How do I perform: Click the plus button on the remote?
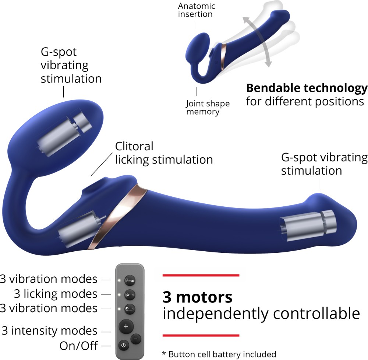coord(126,326)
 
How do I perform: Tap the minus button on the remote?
coord(136,339)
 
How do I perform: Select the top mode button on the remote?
coord(130,280)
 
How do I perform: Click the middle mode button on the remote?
coord(130,295)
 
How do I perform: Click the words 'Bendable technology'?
coord(307,88)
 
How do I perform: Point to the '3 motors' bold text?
coord(197,297)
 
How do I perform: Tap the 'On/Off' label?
coord(79,346)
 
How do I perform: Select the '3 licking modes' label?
coord(56,294)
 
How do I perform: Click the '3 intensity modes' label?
coord(50,331)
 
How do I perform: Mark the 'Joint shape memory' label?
coord(208,107)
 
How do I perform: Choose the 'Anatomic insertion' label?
coord(197,10)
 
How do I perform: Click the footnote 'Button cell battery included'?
coord(222,354)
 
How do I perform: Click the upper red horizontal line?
coord(201,275)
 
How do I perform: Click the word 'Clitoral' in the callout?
coord(134,146)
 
